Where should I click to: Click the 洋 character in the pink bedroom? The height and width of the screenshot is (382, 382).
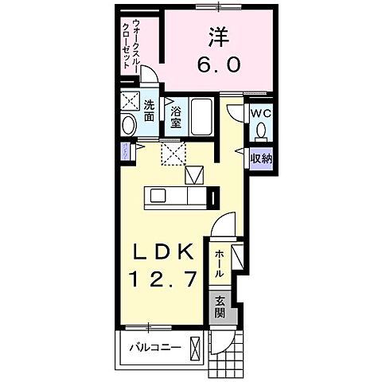[x=216, y=37]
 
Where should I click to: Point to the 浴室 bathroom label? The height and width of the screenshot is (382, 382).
[x=177, y=118]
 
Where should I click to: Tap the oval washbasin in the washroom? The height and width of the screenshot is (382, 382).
[x=130, y=125]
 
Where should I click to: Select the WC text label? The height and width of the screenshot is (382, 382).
[x=261, y=113]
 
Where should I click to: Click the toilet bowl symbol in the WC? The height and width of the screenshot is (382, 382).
[x=262, y=129]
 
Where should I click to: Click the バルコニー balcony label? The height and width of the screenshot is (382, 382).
[x=158, y=347]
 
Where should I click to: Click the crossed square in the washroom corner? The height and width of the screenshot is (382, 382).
[x=130, y=101]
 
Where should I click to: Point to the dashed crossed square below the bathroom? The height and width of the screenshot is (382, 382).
[x=173, y=152]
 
